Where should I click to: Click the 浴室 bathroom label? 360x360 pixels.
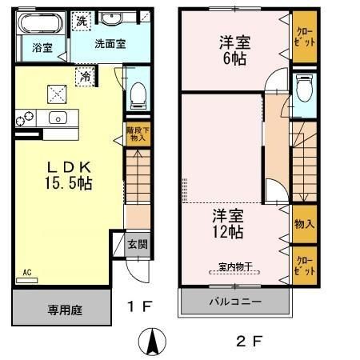pyautogui.click(x=42, y=48)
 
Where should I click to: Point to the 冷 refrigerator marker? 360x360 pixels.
pyautogui.click(x=85, y=77)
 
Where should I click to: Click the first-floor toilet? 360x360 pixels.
pyautogui.click(x=138, y=94)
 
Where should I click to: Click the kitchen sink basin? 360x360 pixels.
pyautogui.click(x=57, y=118)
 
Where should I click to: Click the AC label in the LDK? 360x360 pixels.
pyautogui.click(x=26, y=272)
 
